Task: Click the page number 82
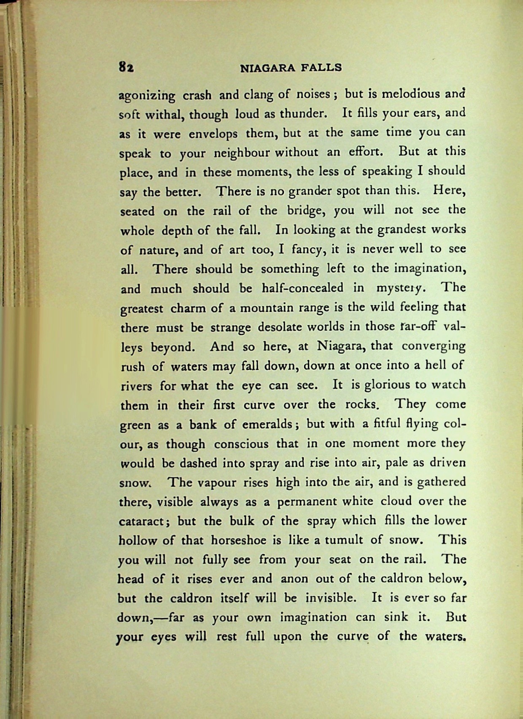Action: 126,67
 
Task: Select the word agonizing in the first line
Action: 147,96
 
